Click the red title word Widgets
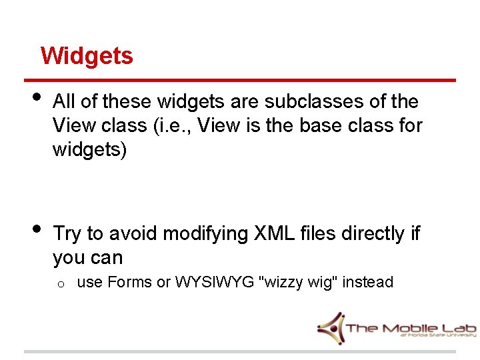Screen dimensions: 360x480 [x=87, y=55]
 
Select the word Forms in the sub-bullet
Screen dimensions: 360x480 [x=129, y=283]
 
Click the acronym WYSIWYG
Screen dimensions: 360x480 [x=215, y=283]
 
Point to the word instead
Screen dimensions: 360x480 [x=368, y=283]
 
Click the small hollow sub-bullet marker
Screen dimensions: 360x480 [x=60, y=284]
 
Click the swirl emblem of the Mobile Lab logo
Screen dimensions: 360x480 [x=331, y=326]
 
